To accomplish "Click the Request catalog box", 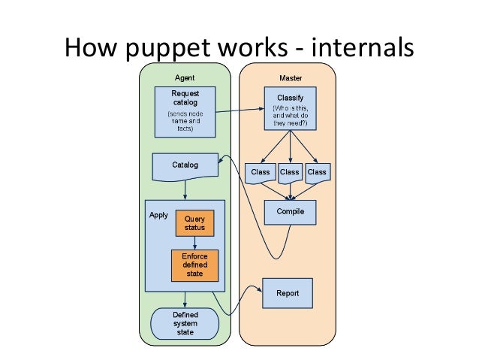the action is pos(185,112).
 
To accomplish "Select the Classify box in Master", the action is pos(291,108).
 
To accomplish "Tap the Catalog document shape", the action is pos(185,167).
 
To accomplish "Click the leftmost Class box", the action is pos(261,174).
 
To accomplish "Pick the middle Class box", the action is pos(290,174).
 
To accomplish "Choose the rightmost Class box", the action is pos(318,174).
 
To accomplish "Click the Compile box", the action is pos(291,212).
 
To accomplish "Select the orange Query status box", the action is pos(194,223).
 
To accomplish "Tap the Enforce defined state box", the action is pos(195,265).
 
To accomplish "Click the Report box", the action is pos(288,293).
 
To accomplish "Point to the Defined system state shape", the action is pos(185,324).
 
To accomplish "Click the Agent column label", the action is pos(185,78).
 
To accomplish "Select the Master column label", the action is pos(291,78).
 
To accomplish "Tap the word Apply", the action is pos(158,216).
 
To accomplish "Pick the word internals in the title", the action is pos(363,47).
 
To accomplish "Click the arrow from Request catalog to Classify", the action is pos(240,110).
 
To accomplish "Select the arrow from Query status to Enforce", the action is pos(194,243).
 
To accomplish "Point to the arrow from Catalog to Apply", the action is pos(185,190).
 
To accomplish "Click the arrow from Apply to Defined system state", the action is pos(185,300).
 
